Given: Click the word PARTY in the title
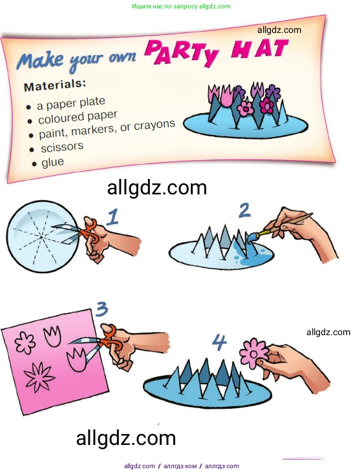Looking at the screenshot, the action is coord(182,54).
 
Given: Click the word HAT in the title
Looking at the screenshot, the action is coord(259,48).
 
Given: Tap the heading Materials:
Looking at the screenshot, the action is coord(55,85).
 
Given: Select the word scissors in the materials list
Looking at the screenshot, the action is coord(62,147).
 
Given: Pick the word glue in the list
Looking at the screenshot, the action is coord(53,162).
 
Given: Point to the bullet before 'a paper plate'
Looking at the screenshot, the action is coord(28,107).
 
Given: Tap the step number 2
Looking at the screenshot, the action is coord(244,211).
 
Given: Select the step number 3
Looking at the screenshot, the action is coord(102,309).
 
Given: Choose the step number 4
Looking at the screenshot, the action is coord(219,342).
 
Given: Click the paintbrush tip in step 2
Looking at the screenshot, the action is coord(252,238).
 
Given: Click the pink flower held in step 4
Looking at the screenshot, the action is coord(253,353).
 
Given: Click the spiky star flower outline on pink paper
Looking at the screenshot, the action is coord(39,376).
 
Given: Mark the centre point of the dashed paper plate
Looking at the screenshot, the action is coord(41,237).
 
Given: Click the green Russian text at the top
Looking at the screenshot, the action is coord(181,6).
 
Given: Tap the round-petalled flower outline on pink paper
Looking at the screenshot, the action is coord(25,342).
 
